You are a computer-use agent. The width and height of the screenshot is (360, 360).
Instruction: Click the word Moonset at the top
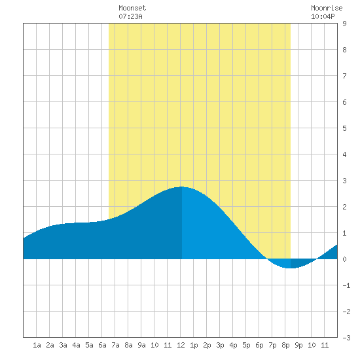point(132,8)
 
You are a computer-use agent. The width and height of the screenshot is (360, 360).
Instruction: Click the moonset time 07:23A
point(130,16)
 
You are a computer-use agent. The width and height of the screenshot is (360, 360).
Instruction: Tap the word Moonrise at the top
point(327,8)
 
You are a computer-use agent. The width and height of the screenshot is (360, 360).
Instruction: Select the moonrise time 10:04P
point(323,16)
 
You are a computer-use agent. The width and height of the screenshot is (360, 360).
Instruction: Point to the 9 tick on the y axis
point(344,24)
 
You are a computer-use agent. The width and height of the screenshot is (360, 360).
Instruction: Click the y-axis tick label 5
point(344,128)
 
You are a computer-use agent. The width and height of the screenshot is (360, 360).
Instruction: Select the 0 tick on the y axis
point(344,259)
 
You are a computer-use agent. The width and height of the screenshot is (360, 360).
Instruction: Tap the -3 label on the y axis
point(346,338)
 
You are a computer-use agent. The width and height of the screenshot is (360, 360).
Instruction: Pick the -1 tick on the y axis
point(346,285)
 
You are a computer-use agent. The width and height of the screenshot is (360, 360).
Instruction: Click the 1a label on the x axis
point(37,345)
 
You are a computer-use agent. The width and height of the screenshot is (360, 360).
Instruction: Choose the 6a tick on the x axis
point(102,345)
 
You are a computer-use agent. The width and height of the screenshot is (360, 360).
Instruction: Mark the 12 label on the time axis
point(181,345)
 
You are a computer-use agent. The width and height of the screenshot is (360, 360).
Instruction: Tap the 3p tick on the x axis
point(220,345)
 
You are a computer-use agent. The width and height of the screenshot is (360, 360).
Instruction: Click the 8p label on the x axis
point(285,345)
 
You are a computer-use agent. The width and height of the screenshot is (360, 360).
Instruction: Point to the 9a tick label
point(141,345)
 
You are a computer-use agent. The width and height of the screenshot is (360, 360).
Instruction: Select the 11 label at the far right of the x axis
point(325,345)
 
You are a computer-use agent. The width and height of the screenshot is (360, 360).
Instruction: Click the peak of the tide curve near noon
point(181,187)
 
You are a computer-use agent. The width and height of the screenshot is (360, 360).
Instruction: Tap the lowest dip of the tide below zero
point(291,268)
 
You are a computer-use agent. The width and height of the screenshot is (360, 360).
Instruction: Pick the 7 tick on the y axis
point(344,76)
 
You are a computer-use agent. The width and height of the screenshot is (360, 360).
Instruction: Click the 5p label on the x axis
point(246,345)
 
